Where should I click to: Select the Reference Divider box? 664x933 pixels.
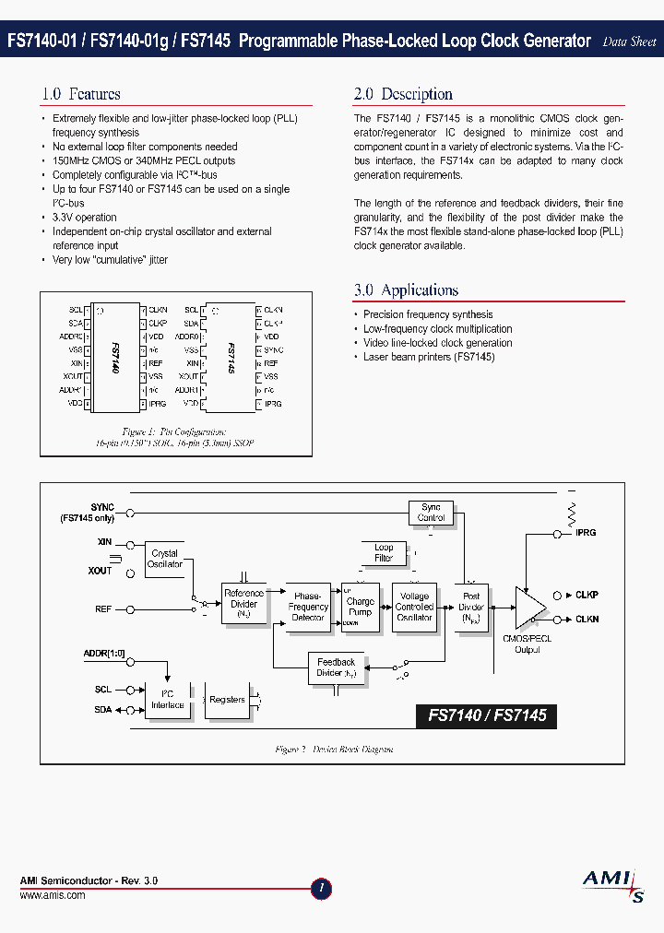pyautogui.click(x=243, y=604)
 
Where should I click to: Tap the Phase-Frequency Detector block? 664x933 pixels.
pyautogui.click(x=308, y=607)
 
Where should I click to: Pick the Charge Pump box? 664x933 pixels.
pyautogui.click(x=361, y=607)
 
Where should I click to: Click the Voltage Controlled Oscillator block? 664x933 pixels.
pyautogui.click(x=414, y=607)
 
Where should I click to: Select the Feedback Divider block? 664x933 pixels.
pyautogui.click(x=336, y=667)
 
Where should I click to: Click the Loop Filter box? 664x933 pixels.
pyautogui.click(x=384, y=552)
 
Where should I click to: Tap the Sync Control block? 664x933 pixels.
pyautogui.click(x=431, y=512)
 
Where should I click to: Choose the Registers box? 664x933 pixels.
pyautogui.click(x=227, y=700)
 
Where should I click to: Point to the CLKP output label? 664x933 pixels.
pyautogui.click(x=587, y=596)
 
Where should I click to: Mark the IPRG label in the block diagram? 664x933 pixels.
pyautogui.click(x=586, y=533)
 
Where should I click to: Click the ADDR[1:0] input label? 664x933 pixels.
pyautogui.click(x=103, y=654)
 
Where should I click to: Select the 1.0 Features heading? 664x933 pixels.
pyautogui.click(x=81, y=94)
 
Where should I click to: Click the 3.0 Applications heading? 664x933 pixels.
pyautogui.click(x=406, y=290)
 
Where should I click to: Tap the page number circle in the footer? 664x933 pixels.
pyautogui.click(x=321, y=889)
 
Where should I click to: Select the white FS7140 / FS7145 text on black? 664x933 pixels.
pyautogui.click(x=487, y=715)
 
